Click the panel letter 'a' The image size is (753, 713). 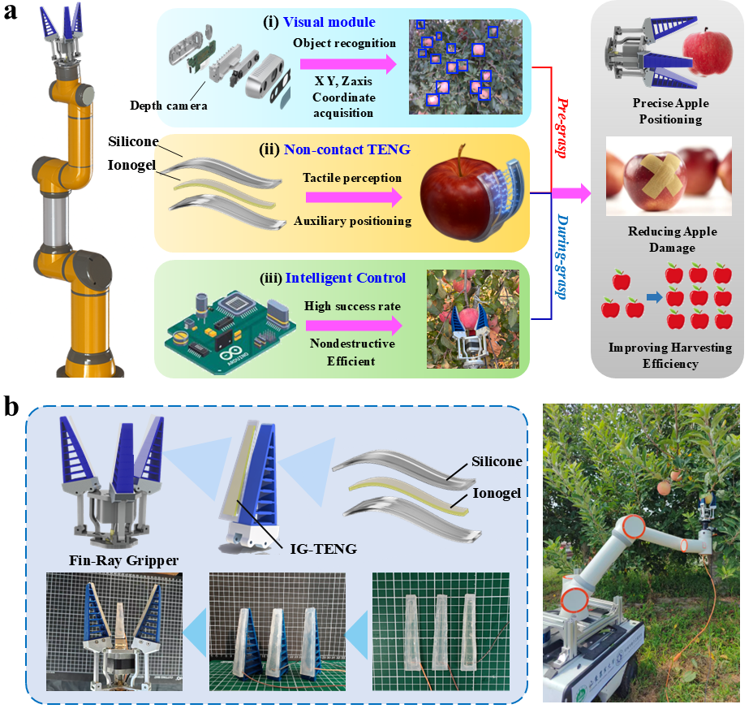(10, 11)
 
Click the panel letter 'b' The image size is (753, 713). (11, 407)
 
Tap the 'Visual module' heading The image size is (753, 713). (329, 22)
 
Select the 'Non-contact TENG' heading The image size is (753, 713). (347, 149)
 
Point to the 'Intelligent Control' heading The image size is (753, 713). (346, 278)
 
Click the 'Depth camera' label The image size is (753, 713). (169, 106)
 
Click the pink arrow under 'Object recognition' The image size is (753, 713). (349, 64)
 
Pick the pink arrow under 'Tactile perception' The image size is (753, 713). (354, 197)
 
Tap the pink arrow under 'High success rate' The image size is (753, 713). (354, 326)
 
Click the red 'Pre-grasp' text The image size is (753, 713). (562, 127)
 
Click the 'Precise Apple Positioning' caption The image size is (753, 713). (671, 111)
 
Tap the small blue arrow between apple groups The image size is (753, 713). (654, 297)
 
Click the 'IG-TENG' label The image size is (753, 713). (323, 549)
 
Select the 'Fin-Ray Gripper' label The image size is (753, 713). (123, 560)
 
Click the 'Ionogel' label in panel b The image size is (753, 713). (497, 494)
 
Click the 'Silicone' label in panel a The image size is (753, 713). (133, 141)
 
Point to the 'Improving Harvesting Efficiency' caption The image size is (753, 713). (670, 356)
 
